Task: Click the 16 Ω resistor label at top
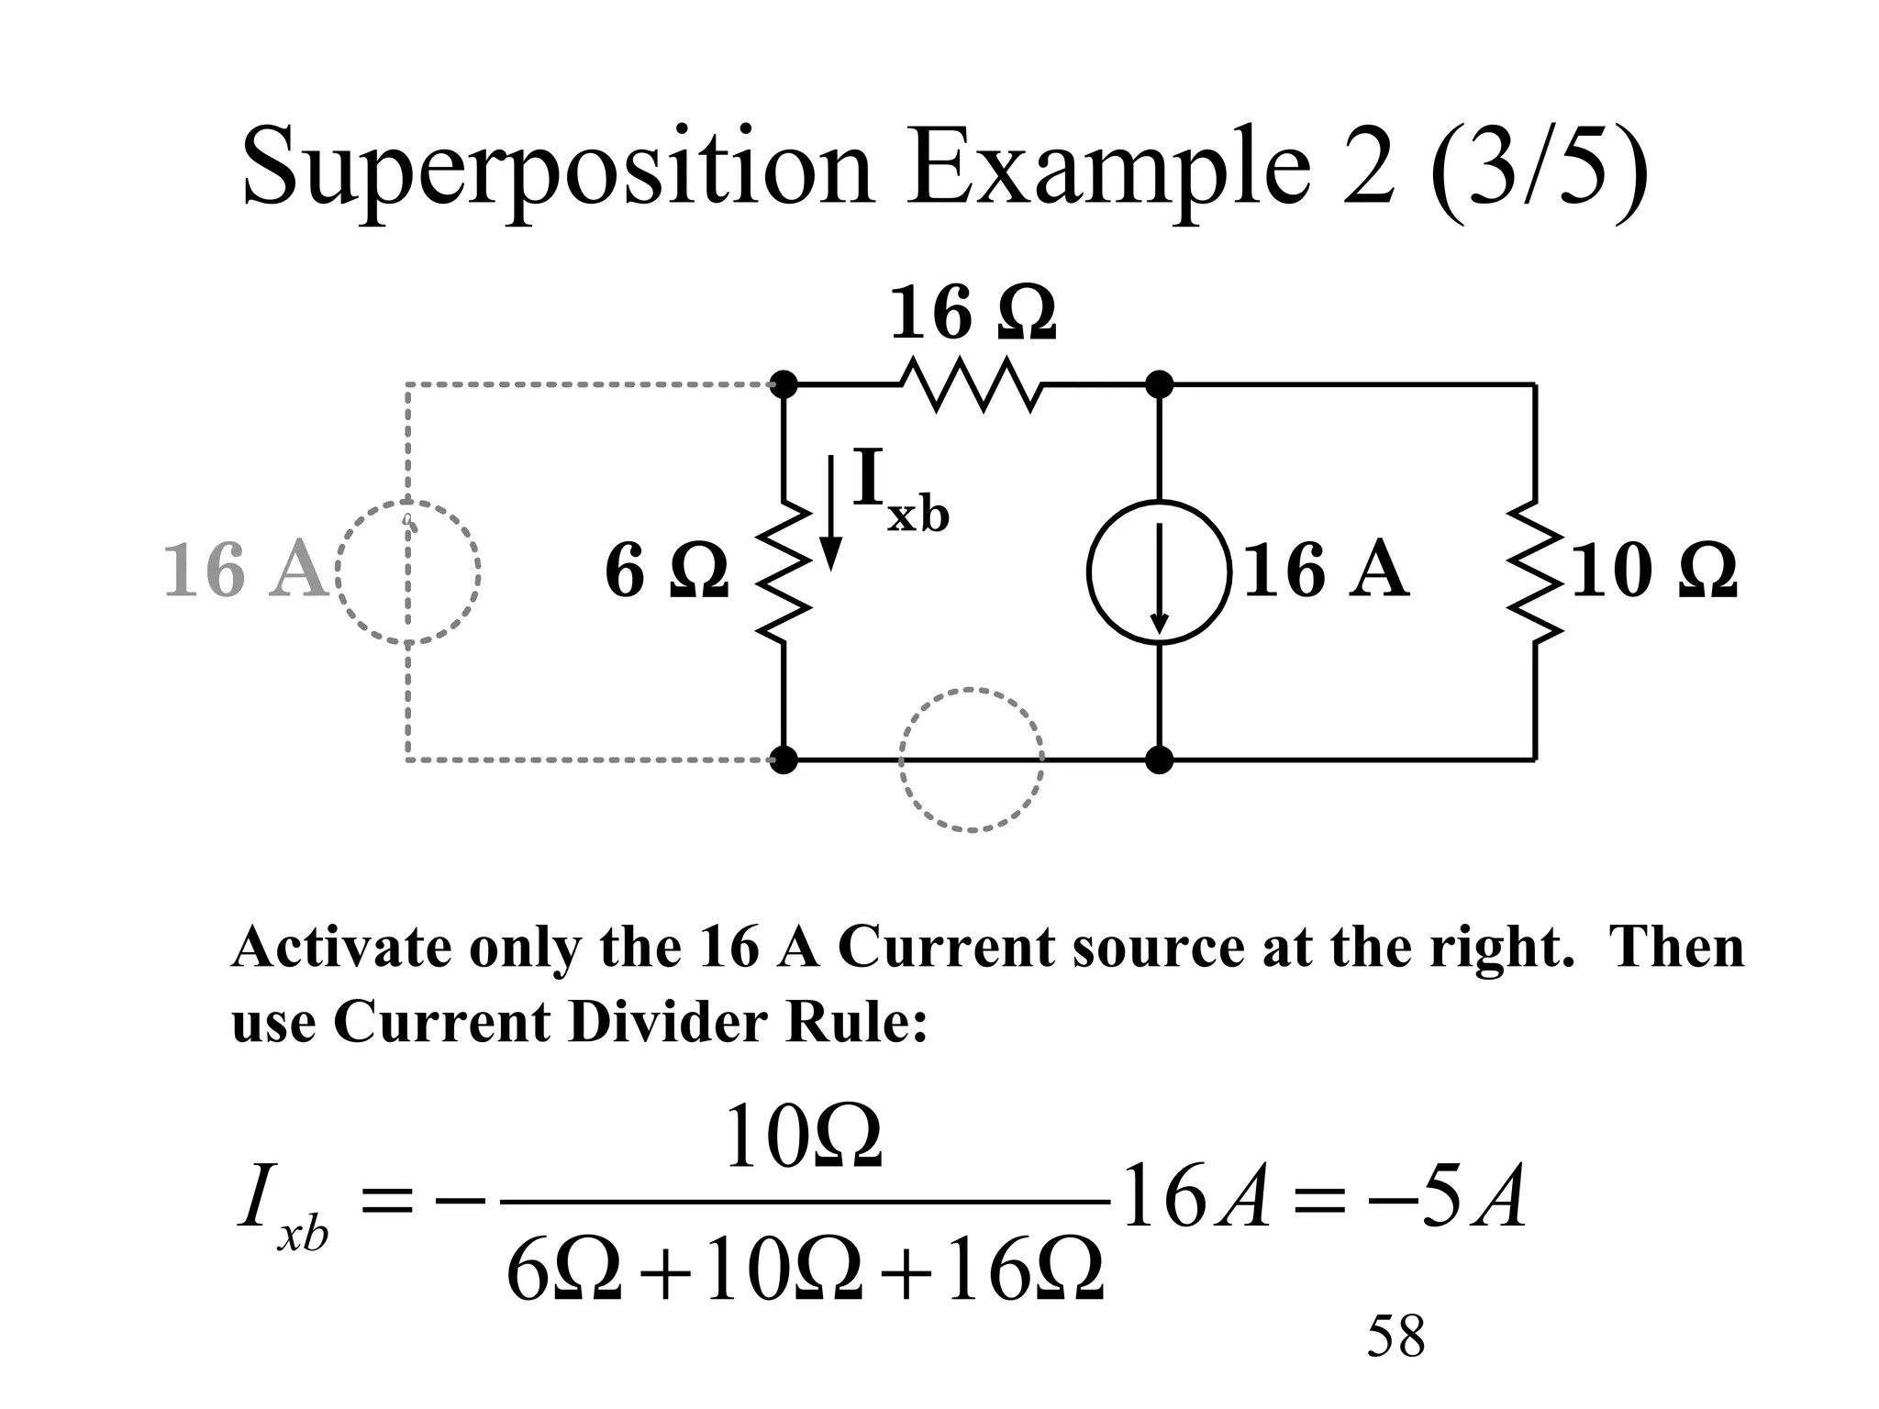click(973, 314)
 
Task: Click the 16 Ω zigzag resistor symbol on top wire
click(971, 385)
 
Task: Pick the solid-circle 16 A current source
click(1159, 571)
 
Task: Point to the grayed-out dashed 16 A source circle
click(408, 571)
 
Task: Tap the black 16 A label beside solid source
click(1325, 571)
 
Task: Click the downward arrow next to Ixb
click(830, 514)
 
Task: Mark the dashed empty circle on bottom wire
click(971, 760)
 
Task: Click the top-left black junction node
click(784, 384)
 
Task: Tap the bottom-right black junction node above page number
click(1160, 760)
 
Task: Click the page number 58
click(1395, 1336)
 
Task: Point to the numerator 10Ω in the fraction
click(803, 1138)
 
